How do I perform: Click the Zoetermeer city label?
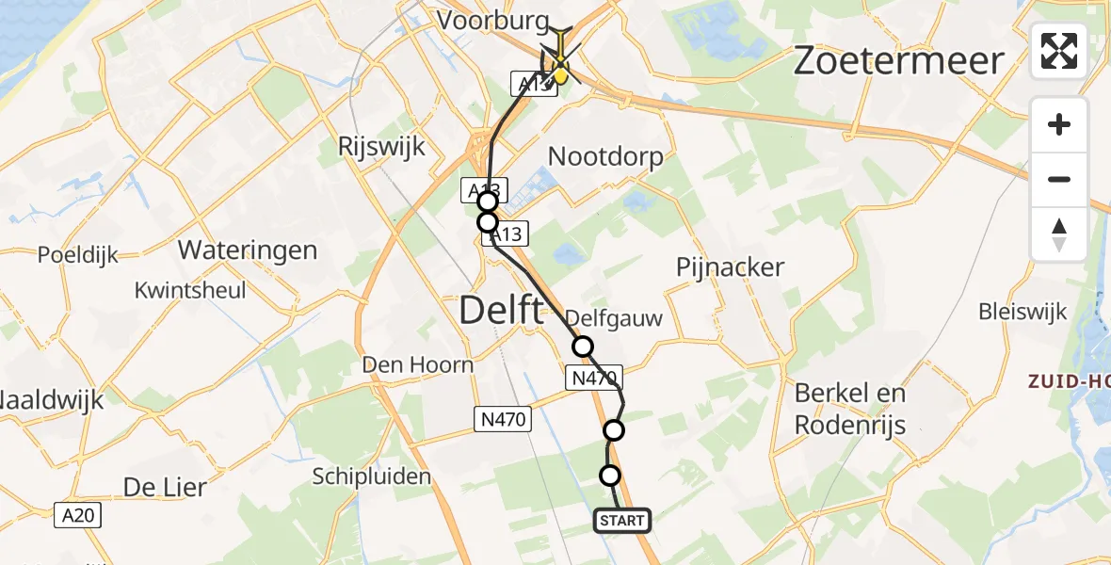point(899,60)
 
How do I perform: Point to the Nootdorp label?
point(605,156)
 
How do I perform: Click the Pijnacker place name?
point(730,267)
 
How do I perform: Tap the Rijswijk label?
point(383,147)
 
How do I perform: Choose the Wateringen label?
point(248,251)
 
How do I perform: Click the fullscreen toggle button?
point(1059,50)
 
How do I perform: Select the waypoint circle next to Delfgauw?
point(583,347)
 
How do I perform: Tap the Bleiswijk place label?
point(1022,312)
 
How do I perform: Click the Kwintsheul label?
point(189,290)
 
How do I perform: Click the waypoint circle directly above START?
point(610,476)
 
